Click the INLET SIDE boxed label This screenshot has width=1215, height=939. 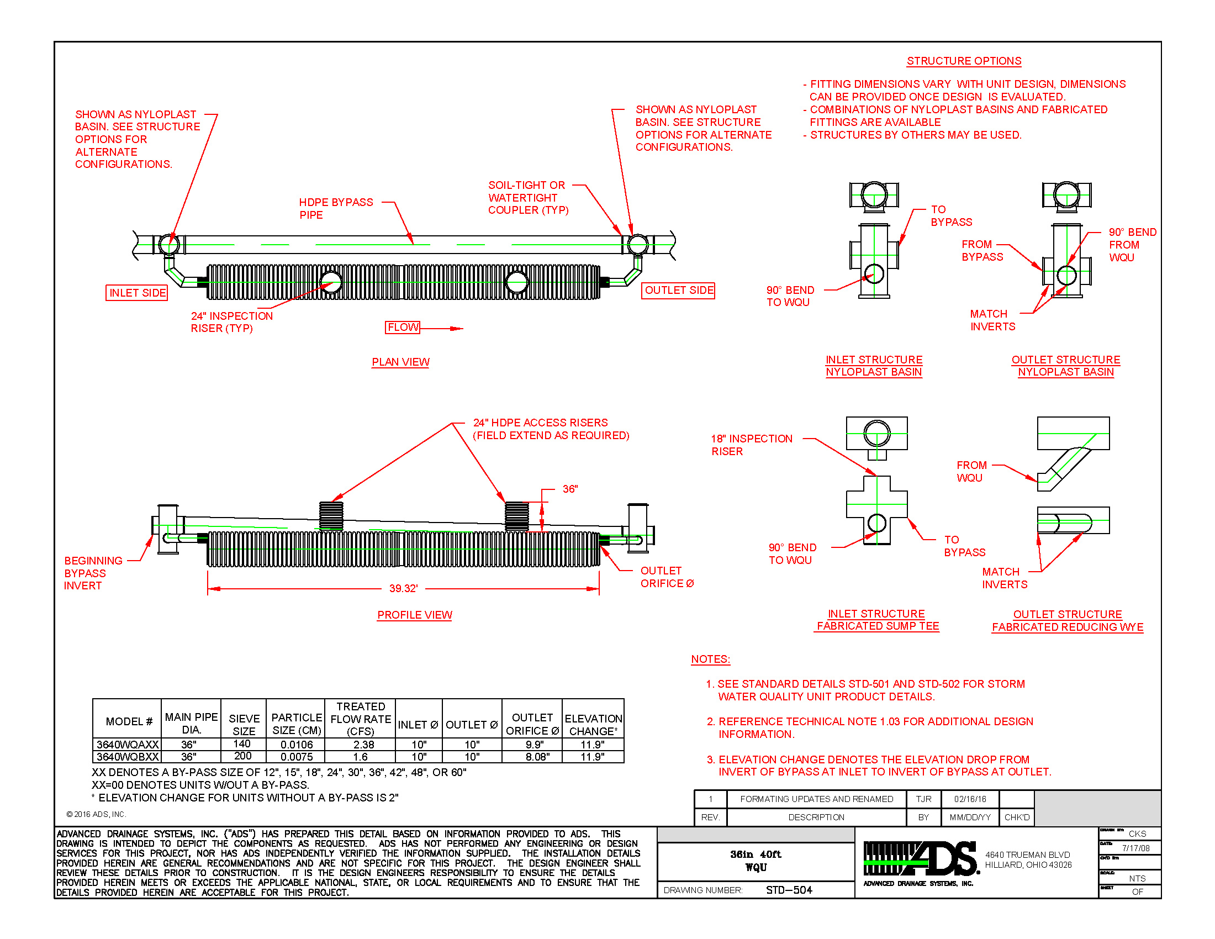tap(137, 293)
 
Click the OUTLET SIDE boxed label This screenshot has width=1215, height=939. tap(678, 291)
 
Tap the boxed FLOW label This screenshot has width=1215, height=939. tap(402, 327)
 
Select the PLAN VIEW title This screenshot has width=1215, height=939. tap(400, 362)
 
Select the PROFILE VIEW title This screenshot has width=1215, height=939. tap(414, 615)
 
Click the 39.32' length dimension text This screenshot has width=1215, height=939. tap(403, 588)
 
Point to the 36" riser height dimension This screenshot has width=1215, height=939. tap(570, 489)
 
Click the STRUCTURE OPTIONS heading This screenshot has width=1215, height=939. tap(964, 61)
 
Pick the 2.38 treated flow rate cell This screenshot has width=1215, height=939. tap(363, 745)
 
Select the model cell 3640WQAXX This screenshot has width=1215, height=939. tap(128, 745)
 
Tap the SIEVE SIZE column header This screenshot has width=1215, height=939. tap(244, 724)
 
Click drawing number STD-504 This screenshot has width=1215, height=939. tap(788, 890)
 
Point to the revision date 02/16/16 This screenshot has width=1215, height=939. tap(970, 799)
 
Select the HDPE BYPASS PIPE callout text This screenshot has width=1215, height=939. tap(335, 208)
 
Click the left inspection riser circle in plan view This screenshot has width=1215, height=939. tap(331, 282)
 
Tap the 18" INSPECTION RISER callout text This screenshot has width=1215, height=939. tap(751, 445)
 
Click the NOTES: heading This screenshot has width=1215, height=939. tap(710, 658)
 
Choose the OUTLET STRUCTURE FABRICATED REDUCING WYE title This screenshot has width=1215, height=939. tap(1067, 620)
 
